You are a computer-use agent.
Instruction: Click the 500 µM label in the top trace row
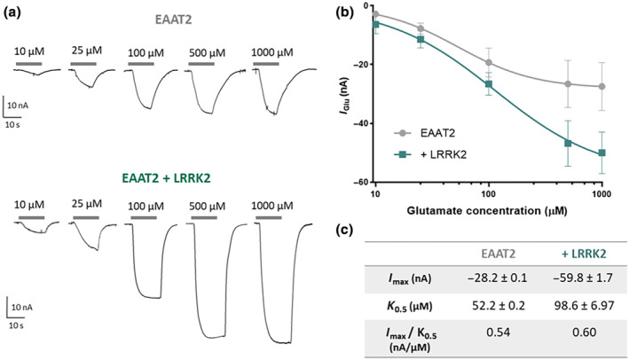click(x=207, y=52)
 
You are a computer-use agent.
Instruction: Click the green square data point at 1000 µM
click(x=602, y=153)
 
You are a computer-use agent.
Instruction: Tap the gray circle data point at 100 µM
click(x=489, y=63)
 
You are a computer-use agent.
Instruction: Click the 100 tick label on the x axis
click(x=489, y=193)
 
